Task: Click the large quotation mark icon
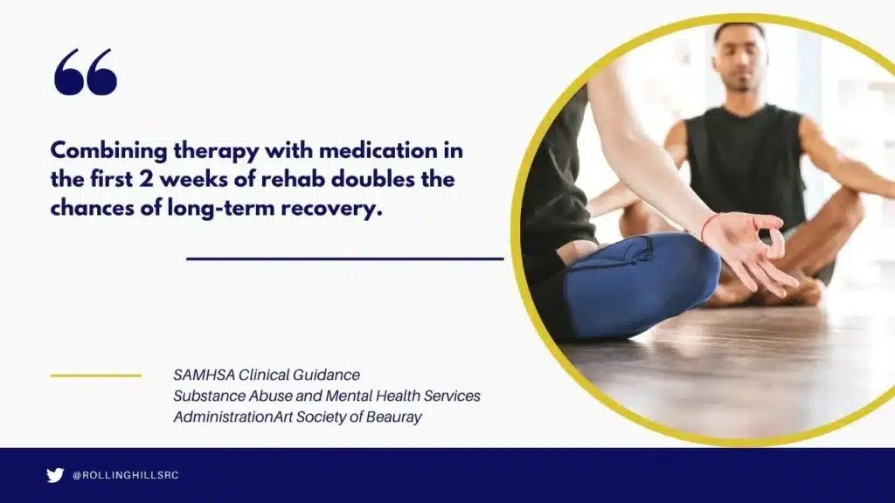(85, 72)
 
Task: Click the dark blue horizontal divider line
(345, 258)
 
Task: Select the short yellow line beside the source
(95, 376)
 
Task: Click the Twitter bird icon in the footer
(55, 475)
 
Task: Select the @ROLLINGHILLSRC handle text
(126, 475)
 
